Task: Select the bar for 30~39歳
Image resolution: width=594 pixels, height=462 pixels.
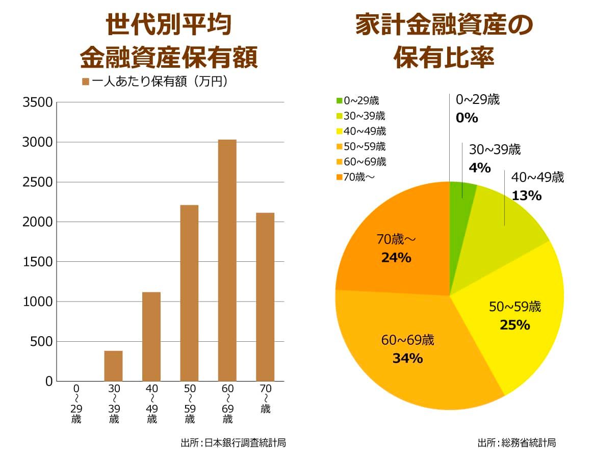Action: point(113,366)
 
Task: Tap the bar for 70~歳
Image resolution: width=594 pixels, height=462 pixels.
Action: point(265,296)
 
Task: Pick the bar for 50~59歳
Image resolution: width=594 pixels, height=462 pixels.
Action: point(189,293)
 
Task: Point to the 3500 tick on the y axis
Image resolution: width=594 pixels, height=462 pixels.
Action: point(38,103)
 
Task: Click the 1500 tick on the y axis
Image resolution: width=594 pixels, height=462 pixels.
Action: point(38,262)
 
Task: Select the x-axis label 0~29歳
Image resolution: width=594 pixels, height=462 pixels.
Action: point(76,404)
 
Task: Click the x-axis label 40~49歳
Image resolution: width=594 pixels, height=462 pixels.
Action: point(151,404)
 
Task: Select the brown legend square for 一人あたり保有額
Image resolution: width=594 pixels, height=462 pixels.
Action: point(86,82)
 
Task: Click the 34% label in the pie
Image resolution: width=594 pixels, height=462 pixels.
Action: point(407,358)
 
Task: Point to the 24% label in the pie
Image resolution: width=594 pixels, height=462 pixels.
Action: point(396,258)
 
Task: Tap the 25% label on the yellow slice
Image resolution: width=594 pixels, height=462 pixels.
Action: point(515,324)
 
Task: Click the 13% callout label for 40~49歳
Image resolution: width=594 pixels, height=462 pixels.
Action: point(527,195)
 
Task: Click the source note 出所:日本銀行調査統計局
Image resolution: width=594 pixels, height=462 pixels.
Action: point(233,443)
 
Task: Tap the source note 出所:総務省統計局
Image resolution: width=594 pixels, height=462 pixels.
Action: point(516,443)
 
